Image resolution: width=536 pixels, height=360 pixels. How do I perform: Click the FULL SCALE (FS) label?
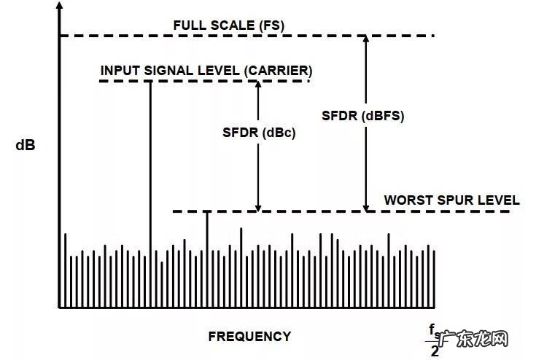coord(228,26)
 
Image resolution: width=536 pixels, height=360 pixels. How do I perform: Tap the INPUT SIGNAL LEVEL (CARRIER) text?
coord(206,71)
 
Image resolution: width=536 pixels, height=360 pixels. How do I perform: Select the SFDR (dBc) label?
coord(259,133)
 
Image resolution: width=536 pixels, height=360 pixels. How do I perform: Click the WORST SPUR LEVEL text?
coord(451,200)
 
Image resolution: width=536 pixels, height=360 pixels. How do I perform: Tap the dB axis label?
coord(26,144)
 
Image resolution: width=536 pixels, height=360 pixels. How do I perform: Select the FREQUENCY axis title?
coord(249,336)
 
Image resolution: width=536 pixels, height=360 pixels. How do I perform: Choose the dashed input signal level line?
coord(204,81)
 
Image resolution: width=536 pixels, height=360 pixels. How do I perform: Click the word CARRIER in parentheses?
coord(279,71)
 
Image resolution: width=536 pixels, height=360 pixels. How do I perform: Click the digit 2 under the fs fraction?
coord(435,351)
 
